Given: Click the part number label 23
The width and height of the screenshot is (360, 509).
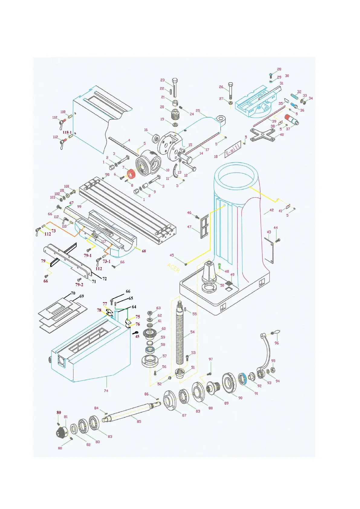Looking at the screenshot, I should [x=163, y=80].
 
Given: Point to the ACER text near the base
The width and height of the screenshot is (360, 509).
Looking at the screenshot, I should [x=174, y=267].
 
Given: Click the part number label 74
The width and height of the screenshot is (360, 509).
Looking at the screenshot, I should [x=106, y=391].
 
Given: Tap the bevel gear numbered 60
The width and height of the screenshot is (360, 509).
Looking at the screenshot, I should [x=149, y=334].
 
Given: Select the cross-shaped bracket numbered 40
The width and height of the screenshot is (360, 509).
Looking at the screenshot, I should [x=262, y=134].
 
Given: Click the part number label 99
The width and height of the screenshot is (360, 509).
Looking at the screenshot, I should [x=79, y=206].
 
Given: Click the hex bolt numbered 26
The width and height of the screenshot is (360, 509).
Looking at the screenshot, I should [x=231, y=91].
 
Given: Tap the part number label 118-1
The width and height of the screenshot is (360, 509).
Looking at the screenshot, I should [x=67, y=132].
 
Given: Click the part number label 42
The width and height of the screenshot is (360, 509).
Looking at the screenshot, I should [x=271, y=210].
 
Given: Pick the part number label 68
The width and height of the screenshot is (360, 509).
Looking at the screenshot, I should [x=144, y=251].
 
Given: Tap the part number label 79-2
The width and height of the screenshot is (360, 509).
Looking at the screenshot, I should [x=79, y=284].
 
